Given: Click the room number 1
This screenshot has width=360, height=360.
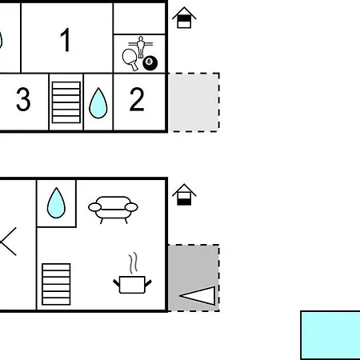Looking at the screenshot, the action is point(66,40).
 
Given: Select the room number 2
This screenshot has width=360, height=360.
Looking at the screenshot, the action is point(137,99).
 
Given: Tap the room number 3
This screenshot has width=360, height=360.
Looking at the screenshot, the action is point(23,99).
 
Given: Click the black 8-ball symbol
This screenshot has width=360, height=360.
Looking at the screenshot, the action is point(150,63).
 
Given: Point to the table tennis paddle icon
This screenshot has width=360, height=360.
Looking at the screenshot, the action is point(130,59).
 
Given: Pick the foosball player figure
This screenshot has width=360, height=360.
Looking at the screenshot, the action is point(141,46).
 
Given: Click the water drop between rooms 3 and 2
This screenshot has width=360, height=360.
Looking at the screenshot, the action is point(98,103).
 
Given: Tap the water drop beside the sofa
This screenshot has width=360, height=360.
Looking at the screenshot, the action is point(56,203).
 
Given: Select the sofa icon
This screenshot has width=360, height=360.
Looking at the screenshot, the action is point(113,210).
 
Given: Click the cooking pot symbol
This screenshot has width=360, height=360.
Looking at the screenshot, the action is point(132,285).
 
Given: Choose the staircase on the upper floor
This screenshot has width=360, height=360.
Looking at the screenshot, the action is point(66,102).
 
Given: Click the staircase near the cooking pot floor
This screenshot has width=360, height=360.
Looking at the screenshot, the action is point(56,284).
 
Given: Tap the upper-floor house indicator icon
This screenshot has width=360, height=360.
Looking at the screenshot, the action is point(184,18).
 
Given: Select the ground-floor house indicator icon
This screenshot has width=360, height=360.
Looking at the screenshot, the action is point(184,194).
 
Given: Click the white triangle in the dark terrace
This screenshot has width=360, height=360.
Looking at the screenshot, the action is point(198,296).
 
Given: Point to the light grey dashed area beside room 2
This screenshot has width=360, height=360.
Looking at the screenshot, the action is point(194,102).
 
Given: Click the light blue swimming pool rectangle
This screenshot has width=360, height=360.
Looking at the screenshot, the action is point(330,335).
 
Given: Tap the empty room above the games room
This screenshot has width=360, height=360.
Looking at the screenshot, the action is point(139,18).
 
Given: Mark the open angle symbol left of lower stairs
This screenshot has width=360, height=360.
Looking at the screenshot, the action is point(8,242).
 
